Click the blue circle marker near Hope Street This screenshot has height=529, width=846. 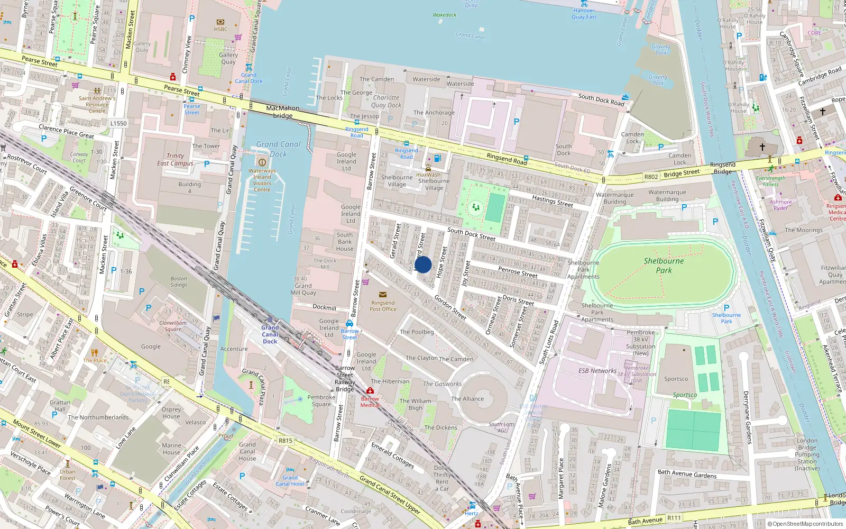pyautogui.click(x=423, y=264)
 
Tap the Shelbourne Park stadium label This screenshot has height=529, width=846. pyautogui.click(x=664, y=266)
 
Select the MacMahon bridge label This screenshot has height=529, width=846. pyautogui.click(x=283, y=112)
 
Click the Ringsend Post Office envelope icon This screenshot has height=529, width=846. pyautogui.click(x=383, y=295)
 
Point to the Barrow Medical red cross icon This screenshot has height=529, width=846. pyautogui.click(x=370, y=391)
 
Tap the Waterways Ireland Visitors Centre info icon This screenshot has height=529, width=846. pyautogui.click(x=262, y=162)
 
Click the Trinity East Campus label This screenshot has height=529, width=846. pyautogui.click(x=175, y=159)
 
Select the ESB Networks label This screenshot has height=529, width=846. pyautogui.click(x=597, y=371)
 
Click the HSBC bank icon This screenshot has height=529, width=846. pyautogui.click(x=220, y=22)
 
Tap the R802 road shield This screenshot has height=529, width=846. pyautogui.click(x=651, y=177)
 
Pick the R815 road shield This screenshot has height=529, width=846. pyautogui.click(x=285, y=441)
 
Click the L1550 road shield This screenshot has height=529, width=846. pyautogui.click(x=118, y=123)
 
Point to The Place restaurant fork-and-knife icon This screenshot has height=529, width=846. pyautogui.click(x=95, y=352)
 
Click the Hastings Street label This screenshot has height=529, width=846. pyautogui.click(x=553, y=201)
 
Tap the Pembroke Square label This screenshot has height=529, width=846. pyautogui.click(x=321, y=400)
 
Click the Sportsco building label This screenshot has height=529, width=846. pyautogui.click(x=676, y=379)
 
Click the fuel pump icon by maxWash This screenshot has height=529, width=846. pyautogui.click(x=437, y=159)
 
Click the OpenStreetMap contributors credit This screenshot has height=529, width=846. pyautogui.click(x=805, y=524)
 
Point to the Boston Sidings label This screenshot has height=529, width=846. pyautogui.click(x=179, y=281)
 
